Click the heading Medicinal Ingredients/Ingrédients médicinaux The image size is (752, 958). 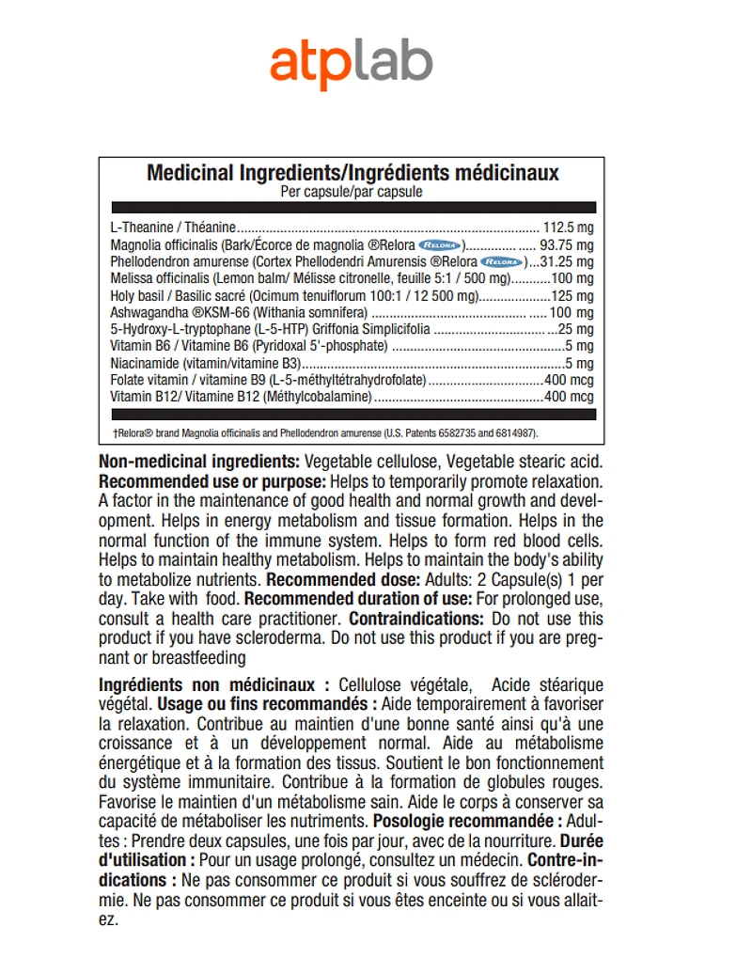coord(352,173)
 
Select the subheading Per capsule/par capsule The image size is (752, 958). coord(352,192)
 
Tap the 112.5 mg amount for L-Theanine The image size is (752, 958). coord(569,228)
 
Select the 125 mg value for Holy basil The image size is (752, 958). coord(572,295)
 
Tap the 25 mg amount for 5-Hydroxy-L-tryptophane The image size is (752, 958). coord(576,329)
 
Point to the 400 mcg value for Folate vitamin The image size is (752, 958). coord(569,380)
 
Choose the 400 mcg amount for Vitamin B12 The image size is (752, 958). coord(569,397)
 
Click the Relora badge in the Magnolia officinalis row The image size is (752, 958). coord(443,244)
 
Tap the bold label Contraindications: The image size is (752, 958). coord(416,619)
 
